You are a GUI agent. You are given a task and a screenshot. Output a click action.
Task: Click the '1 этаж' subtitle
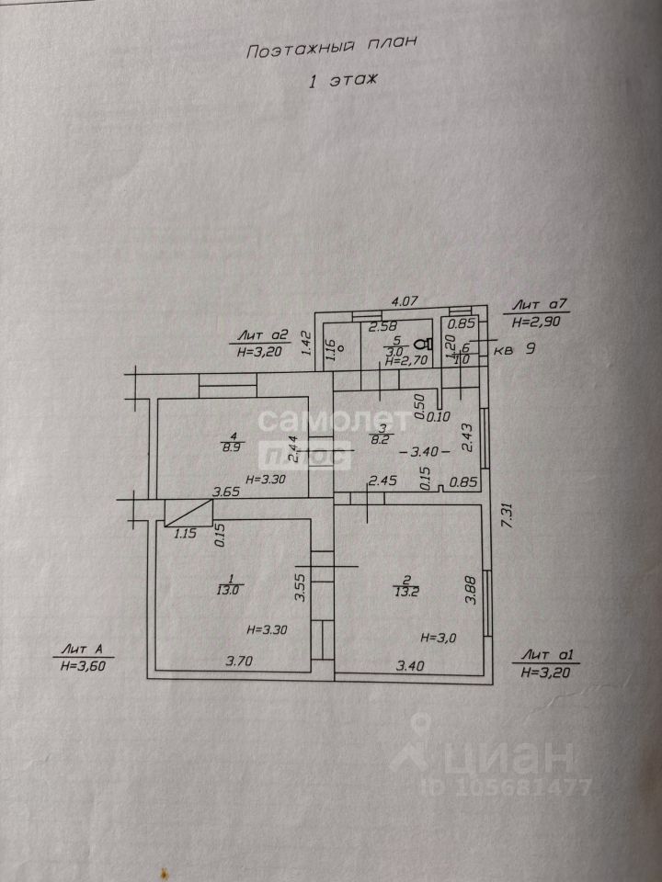342,83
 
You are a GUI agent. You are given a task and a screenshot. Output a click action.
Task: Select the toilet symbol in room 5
422,344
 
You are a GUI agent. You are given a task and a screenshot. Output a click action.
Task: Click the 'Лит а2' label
264,336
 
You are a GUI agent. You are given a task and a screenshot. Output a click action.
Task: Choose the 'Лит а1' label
546,656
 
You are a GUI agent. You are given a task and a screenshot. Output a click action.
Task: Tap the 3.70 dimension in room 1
241,660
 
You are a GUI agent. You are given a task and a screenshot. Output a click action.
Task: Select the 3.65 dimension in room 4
227,492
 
